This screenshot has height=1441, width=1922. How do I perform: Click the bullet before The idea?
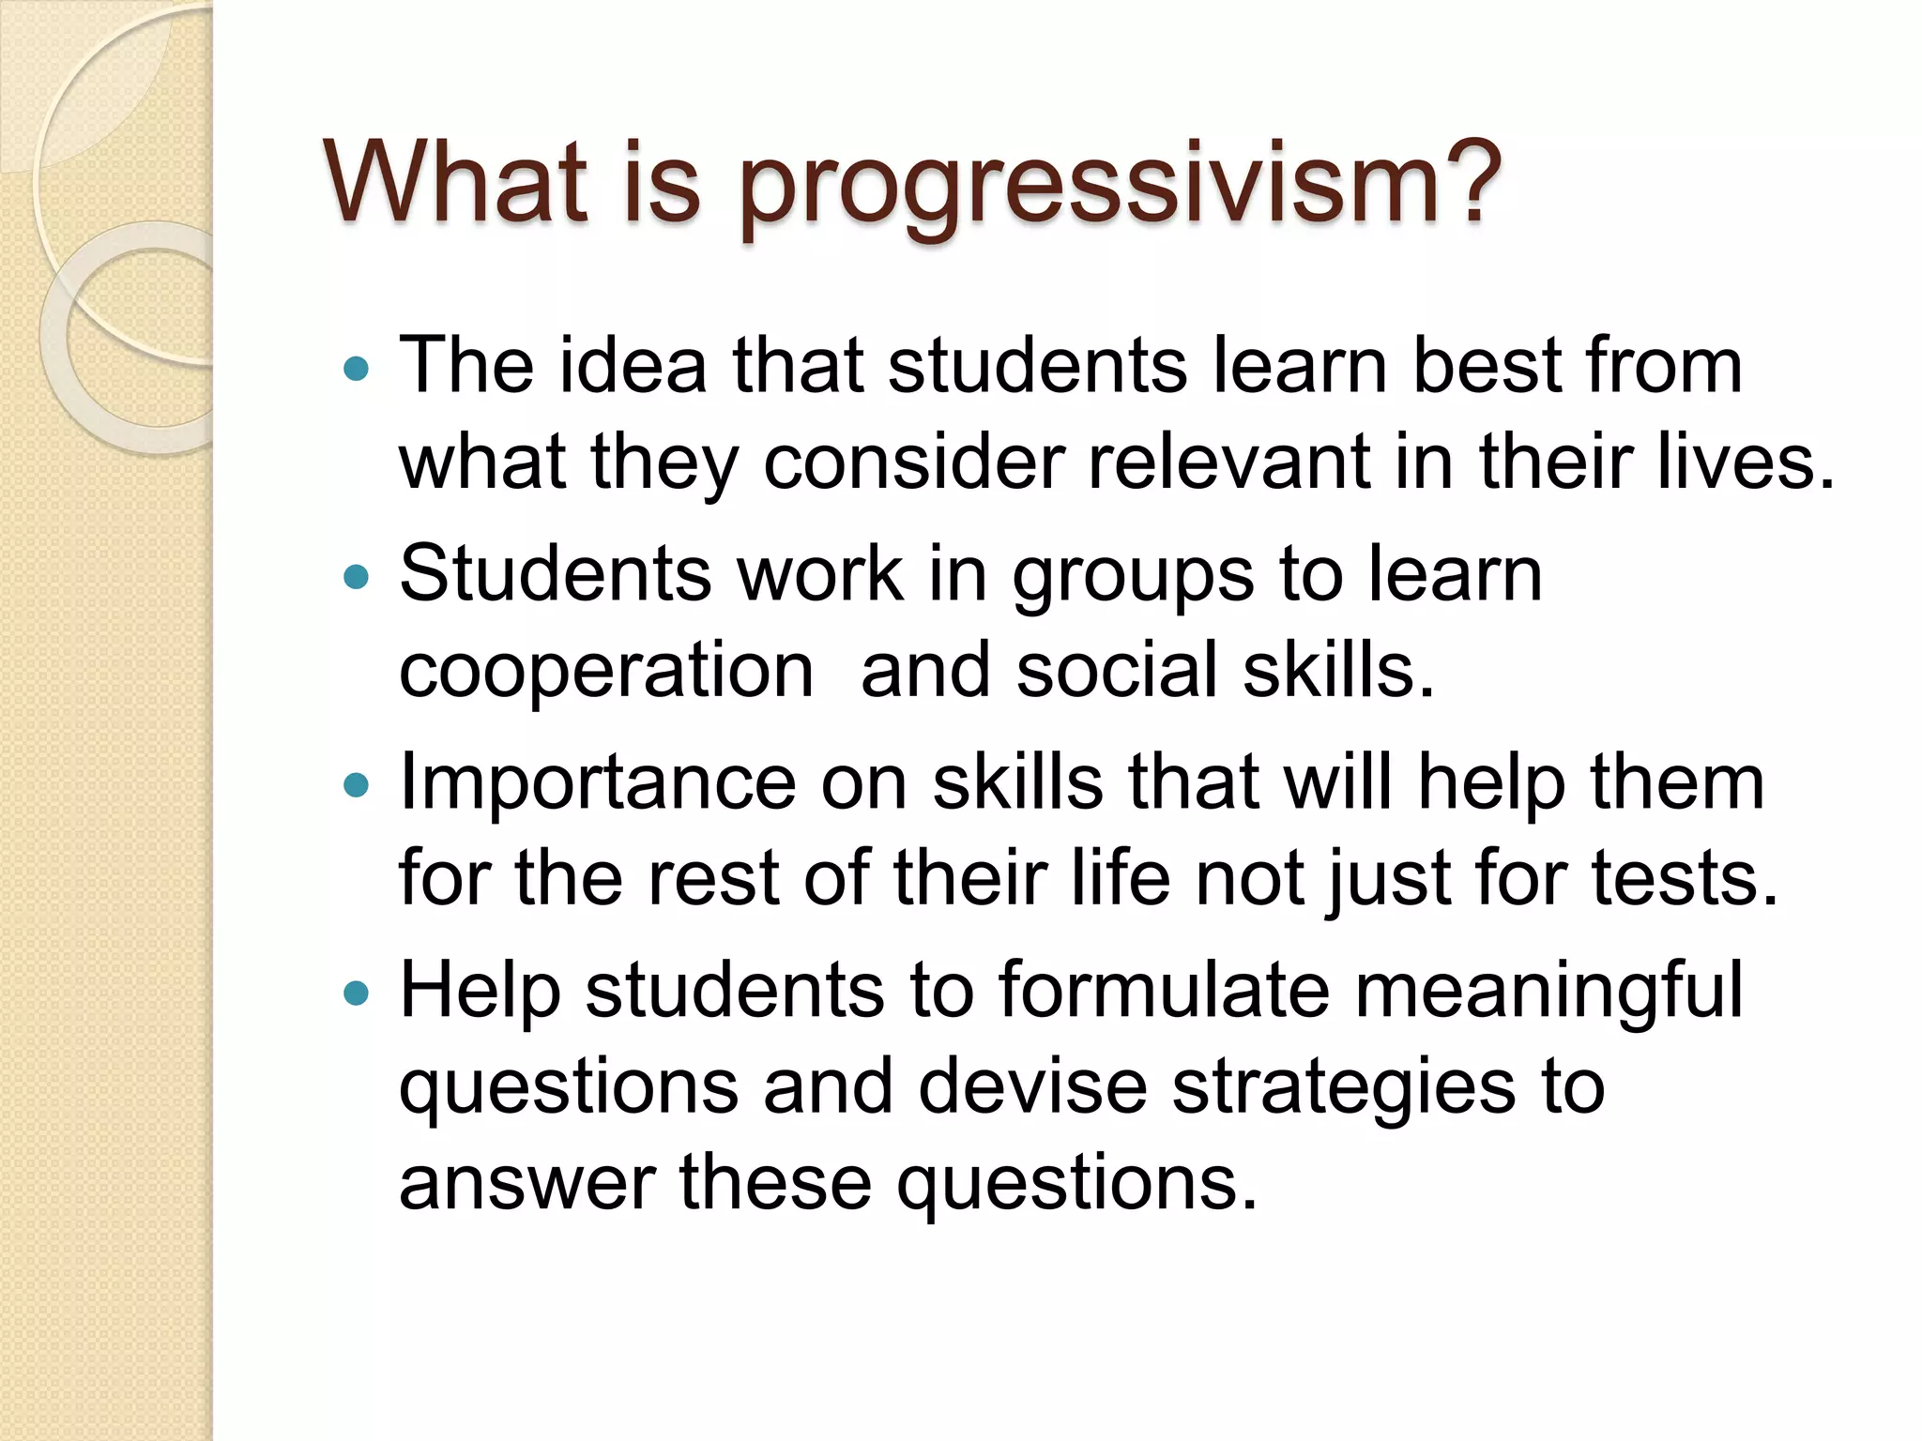click(x=358, y=369)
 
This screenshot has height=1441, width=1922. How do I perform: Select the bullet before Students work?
click(x=358, y=577)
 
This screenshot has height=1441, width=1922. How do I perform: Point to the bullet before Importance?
click(x=358, y=784)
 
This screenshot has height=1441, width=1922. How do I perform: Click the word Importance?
click(x=597, y=784)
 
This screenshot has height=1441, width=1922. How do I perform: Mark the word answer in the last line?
click(x=526, y=1184)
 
